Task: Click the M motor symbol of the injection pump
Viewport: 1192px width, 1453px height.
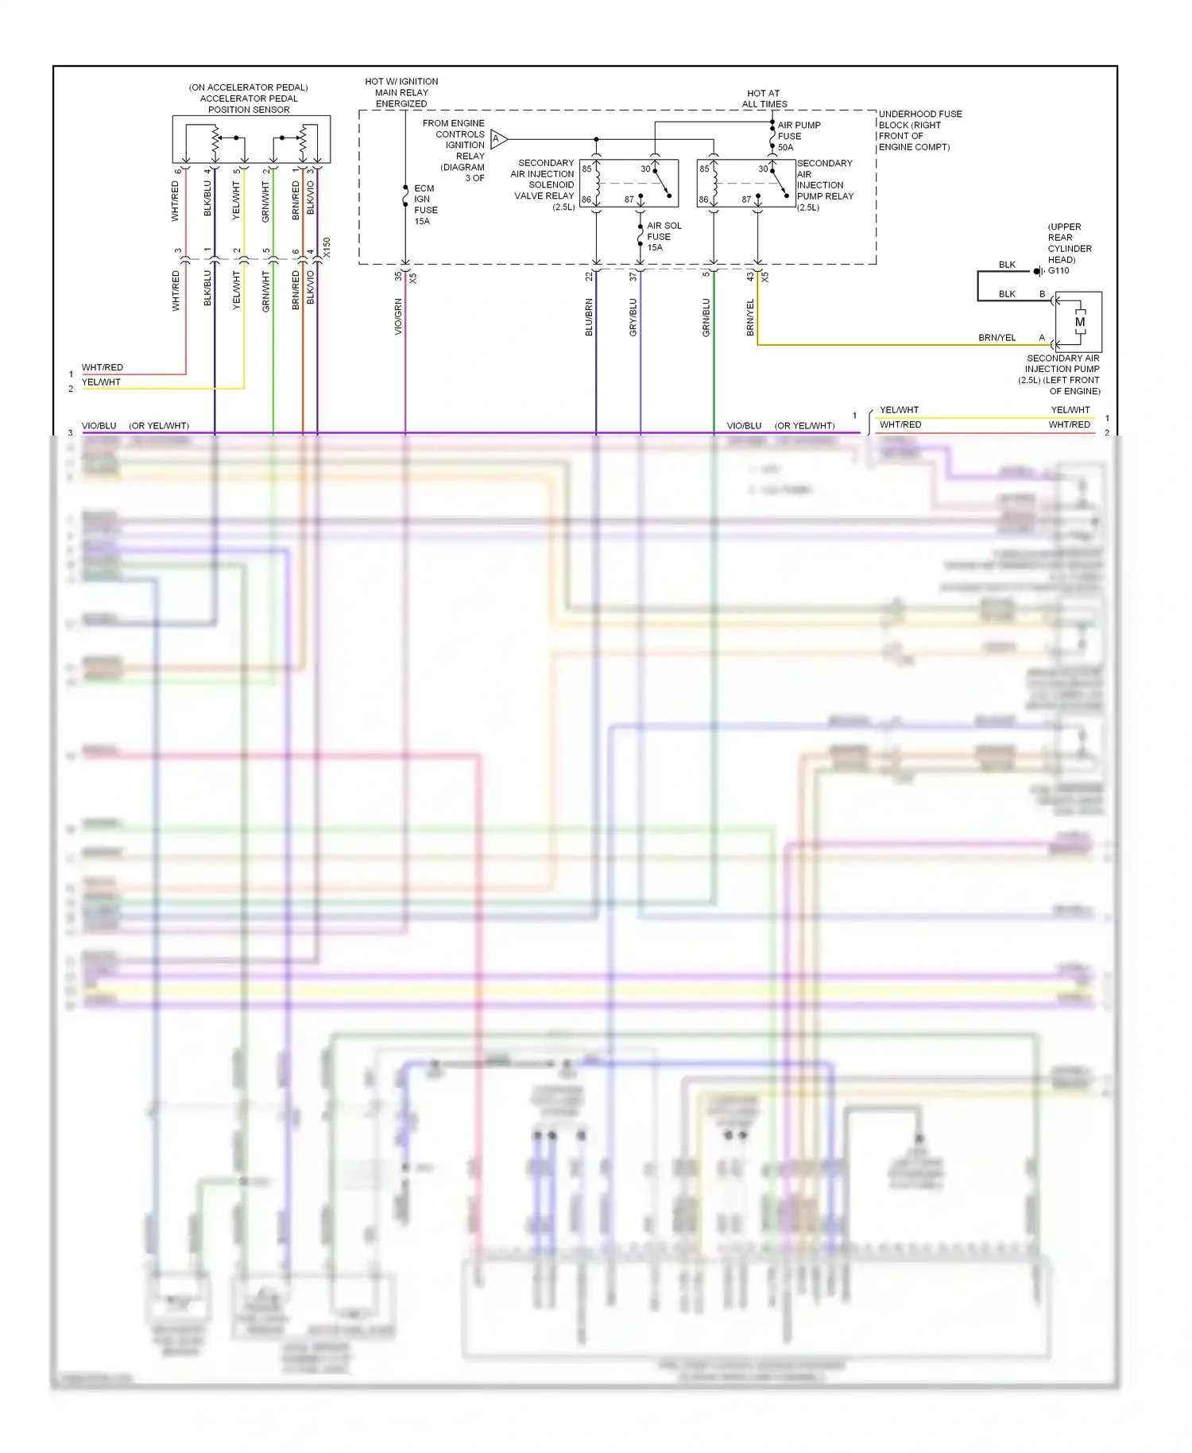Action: coord(1080,322)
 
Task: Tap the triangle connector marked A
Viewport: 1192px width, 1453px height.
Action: coord(498,139)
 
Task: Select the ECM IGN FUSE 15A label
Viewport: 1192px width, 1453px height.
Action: coord(425,205)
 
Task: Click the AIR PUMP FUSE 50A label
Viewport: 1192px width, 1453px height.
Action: coord(799,136)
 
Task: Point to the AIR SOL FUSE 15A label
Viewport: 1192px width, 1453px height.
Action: coord(664,237)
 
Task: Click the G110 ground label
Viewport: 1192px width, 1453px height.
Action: coord(1058,271)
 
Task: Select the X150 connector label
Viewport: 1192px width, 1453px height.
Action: coord(327,247)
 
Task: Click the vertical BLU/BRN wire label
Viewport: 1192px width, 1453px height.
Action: coord(590,317)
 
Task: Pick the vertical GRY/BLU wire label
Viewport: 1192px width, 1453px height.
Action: coord(633,317)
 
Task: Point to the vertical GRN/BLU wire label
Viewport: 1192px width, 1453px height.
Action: coord(706,317)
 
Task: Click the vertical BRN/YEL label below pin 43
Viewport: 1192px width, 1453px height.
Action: coord(751,317)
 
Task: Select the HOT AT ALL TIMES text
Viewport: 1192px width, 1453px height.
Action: coord(764,99)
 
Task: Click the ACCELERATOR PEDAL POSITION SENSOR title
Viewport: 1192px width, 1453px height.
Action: coord(249,99)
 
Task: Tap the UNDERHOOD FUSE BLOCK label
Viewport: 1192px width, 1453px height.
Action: coord(919,130)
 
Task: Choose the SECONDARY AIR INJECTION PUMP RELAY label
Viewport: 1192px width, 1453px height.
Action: coord(825,185)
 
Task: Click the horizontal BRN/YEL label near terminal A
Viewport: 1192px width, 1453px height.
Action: coord(997,338)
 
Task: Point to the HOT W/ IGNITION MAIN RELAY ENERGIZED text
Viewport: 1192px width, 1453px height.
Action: coord(401,92)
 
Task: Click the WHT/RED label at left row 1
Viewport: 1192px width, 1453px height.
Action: coord(103,367)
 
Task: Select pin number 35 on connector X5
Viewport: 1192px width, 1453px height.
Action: coord(398,277)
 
